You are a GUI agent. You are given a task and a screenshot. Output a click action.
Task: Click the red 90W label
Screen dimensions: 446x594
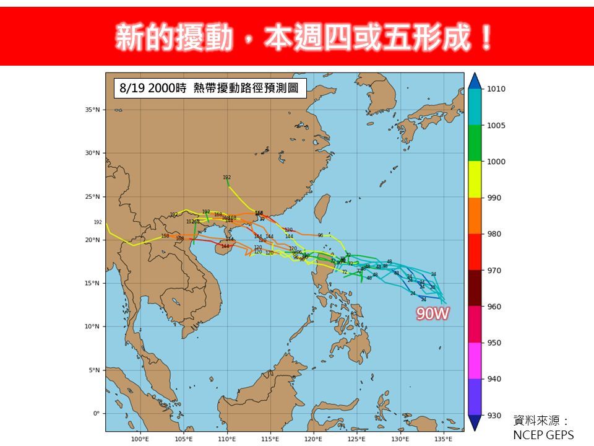point(433,314)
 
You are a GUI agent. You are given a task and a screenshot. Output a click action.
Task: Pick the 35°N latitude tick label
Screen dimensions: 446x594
point(93,110)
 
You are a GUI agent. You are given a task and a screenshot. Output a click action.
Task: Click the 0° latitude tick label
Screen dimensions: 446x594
point(96,413)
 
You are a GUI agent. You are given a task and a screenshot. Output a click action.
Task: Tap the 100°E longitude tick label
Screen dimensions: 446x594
point(140,439)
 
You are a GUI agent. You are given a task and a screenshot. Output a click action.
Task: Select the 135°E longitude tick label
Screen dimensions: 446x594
point(443,439)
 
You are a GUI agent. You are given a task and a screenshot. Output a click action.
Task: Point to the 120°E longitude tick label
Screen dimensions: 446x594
point(314,439)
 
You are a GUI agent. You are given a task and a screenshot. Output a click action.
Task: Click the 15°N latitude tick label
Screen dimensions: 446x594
point(93,283)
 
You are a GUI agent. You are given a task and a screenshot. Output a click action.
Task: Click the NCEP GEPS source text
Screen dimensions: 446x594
point(544,435)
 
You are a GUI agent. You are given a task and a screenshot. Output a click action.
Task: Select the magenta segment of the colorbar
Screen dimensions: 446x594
point(475,361)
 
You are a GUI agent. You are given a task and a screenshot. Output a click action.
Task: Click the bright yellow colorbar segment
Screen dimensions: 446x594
point(475,180)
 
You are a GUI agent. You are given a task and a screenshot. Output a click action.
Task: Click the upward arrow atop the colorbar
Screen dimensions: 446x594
point(475,81)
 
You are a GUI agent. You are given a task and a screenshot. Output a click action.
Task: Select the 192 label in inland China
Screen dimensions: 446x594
point(226,178)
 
